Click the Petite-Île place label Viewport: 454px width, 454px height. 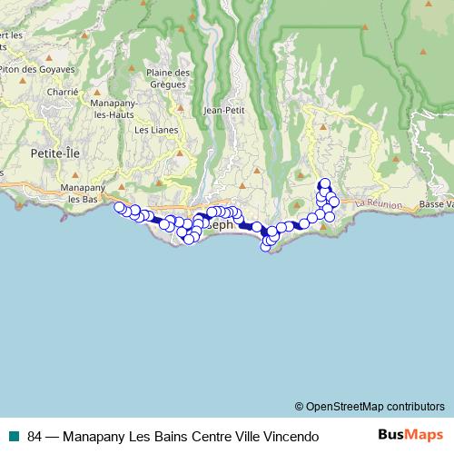tap(55, 153)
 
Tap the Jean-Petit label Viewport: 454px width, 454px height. tap(226, 110)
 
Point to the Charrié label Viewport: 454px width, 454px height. tap(63, 92)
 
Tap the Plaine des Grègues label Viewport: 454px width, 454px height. tap(169, 79)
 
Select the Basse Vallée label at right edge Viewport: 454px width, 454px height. tap(437, 204)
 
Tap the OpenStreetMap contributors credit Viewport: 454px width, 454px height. tap(370, 407)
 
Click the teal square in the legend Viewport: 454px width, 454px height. tap(14, 436)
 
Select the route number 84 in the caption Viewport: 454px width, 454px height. tap(35, 436)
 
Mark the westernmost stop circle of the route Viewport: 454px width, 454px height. tap(118, 207)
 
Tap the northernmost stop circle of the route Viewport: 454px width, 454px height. tap(324, 184)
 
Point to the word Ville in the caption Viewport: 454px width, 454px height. tap(245, 436)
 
